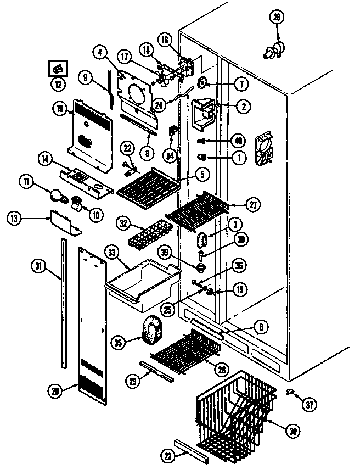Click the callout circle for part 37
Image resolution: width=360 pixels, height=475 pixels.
coord(310,405)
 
